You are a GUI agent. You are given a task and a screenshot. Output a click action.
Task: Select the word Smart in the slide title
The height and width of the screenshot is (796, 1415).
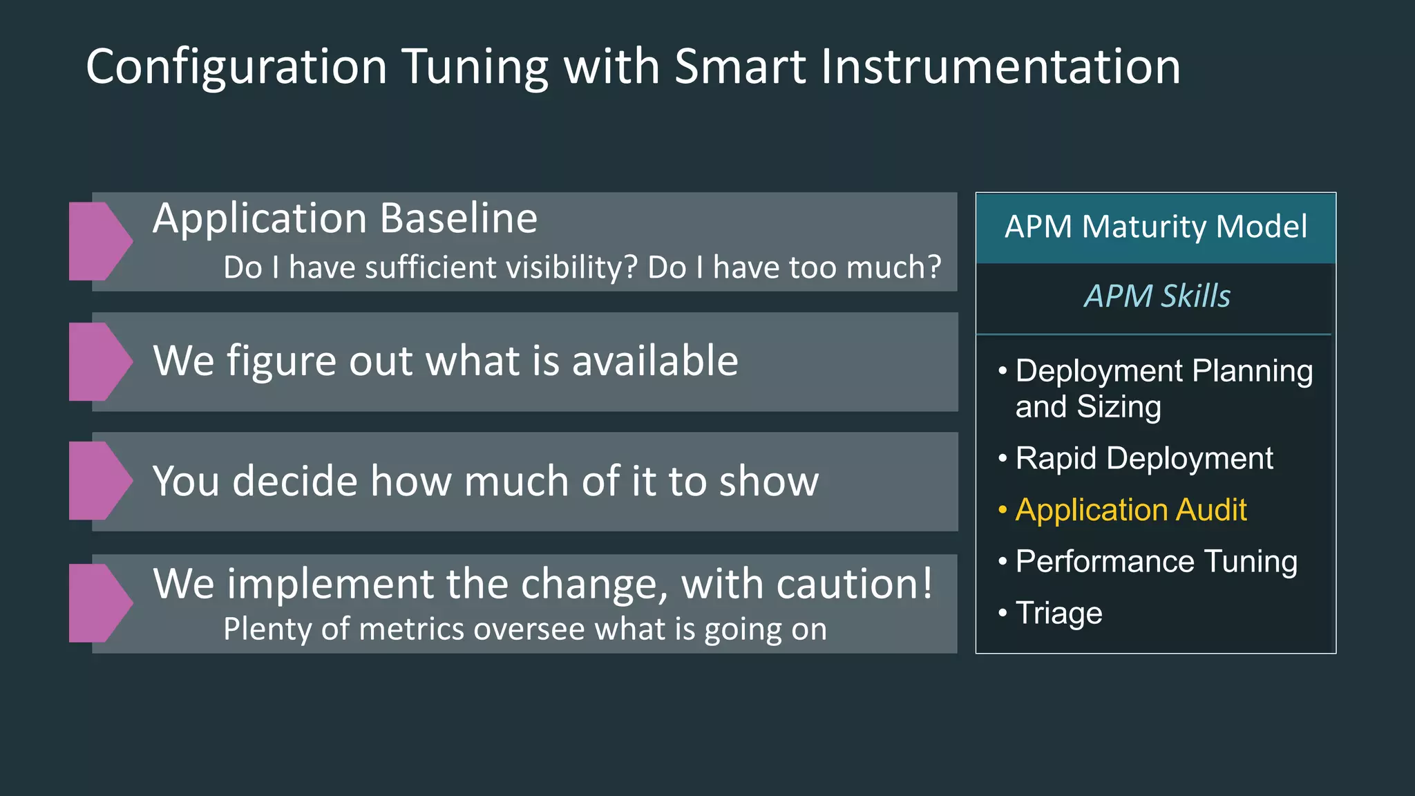[x=739, y=68]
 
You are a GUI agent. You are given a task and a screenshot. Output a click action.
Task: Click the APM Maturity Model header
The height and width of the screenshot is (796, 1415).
[x=1155, y=227]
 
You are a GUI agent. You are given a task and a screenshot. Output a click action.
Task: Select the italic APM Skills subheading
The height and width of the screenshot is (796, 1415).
[x=1157, y=296]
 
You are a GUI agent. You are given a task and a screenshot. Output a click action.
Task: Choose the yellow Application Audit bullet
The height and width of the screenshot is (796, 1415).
[x=1130, y=510]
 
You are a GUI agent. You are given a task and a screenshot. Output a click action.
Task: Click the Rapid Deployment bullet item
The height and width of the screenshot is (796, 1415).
[x=1143, y=459]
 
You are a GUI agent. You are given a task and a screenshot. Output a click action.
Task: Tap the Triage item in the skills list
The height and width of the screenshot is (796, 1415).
[x=1058, y=614]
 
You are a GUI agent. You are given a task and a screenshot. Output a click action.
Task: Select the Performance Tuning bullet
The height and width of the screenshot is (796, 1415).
[x=1156, y=562]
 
